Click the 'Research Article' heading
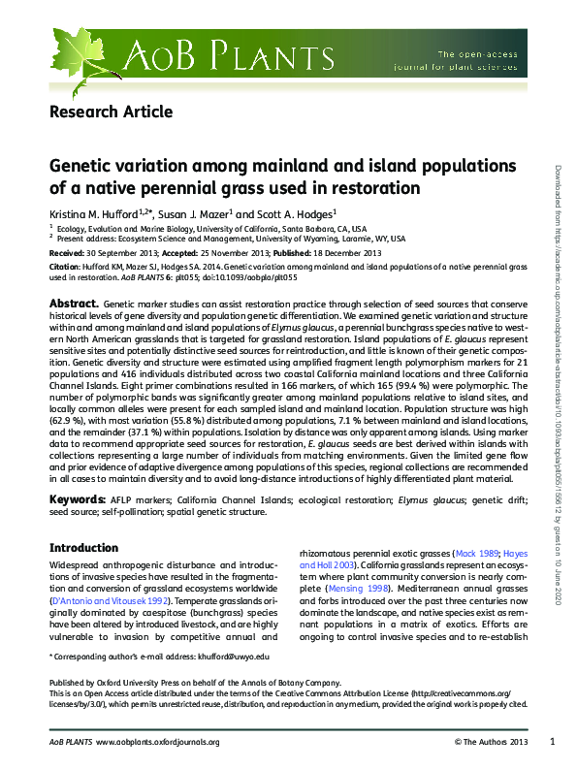pos(111,112)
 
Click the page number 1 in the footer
pos(552,742)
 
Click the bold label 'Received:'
pos(67,251)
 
